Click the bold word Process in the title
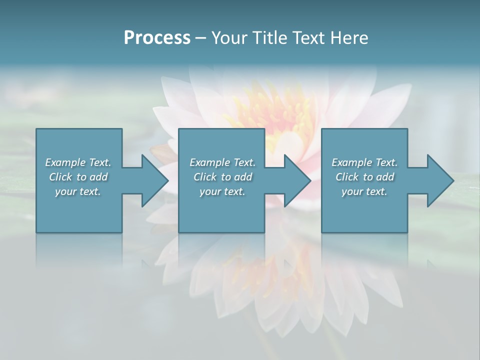coord(157,38)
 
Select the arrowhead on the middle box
coord(296,180)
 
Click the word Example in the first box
coord(65,162)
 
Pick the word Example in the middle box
coord(210,162)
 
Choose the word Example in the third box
coord(352,162)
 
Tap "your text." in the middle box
coord(222,191)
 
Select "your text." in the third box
coord(364,191)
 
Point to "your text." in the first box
coord(78,191)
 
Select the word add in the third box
coord(385,177)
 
